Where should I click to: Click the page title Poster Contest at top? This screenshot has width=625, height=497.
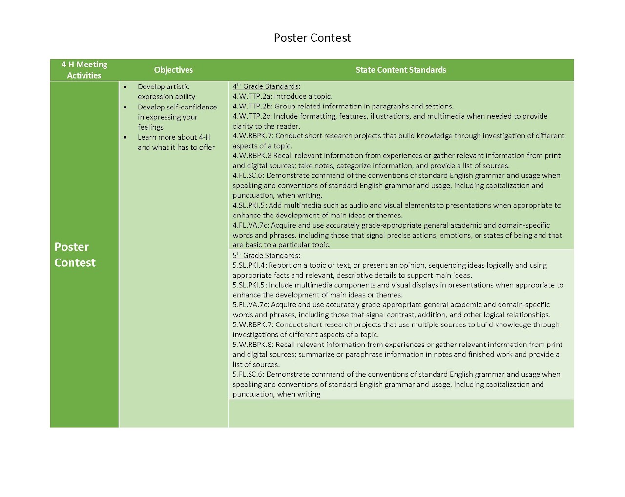tap(312, 38)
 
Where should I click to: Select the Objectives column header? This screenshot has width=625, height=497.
tap(173, 70)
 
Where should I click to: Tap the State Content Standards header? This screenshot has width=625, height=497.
tap(400, 70)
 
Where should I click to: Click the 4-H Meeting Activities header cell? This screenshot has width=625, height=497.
tap(84, 70)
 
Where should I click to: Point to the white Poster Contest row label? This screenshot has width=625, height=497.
tap(75, 255)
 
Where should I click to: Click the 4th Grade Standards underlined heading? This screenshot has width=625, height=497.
tap(266, 86)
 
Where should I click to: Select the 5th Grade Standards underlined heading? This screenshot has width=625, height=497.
tap(266, 255)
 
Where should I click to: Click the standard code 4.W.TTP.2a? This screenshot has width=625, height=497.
tap(251, 96)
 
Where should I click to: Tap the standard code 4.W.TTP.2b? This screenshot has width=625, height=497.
tap(252, 106)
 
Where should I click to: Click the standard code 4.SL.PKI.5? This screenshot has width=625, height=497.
tap(250, 205)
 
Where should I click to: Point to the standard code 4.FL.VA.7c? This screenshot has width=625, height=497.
tap(250, 225)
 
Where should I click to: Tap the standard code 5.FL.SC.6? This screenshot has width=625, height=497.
tap(248, 374)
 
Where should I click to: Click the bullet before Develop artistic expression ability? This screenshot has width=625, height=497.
tap(125, 87)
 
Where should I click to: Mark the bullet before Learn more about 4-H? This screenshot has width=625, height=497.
tap(125, 138)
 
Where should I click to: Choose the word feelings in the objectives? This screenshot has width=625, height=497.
tap(150, 127)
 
